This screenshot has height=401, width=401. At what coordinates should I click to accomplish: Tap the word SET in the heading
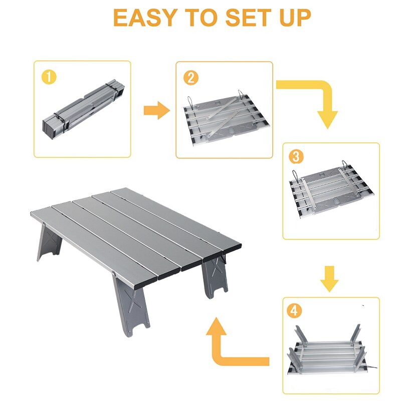click(245, 18)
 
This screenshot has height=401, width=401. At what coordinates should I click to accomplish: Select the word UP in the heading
click(293, 18)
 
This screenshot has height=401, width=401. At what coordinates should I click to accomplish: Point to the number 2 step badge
click(191, 78)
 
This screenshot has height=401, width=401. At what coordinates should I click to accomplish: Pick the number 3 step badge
click(296, 157)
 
